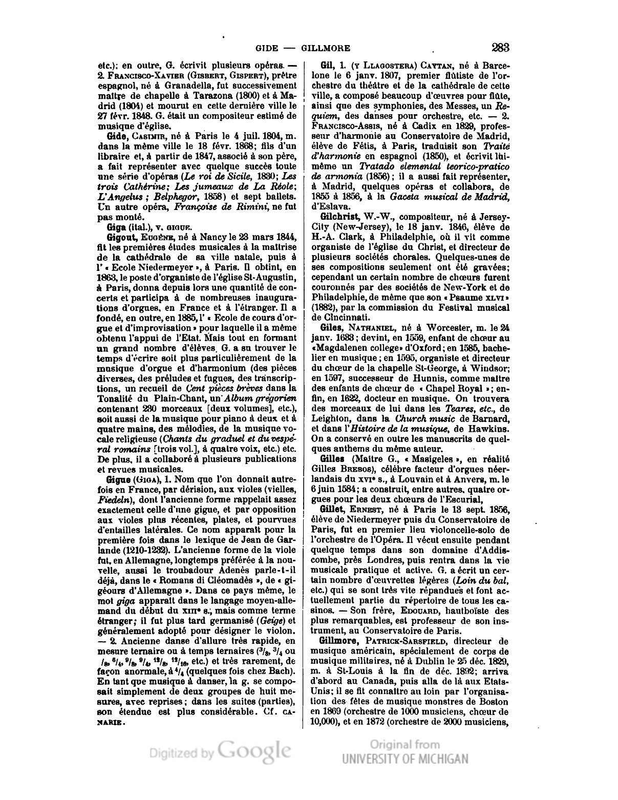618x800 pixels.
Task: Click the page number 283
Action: click(500, 48)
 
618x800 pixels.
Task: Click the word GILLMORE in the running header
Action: click(326, 49)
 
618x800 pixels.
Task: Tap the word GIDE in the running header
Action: click(266, 49)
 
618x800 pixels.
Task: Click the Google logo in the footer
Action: click(254, 751)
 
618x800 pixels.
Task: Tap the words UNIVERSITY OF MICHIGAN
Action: click(405, 759)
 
